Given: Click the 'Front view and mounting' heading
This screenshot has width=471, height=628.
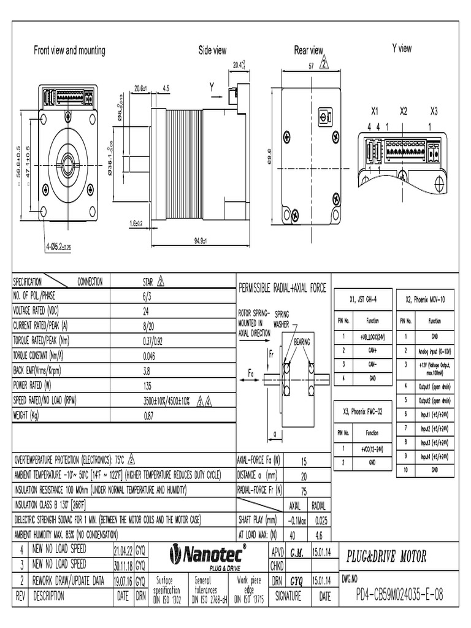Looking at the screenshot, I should (x=69, y=51).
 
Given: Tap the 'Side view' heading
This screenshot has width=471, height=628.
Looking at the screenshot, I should (x=212, y=51).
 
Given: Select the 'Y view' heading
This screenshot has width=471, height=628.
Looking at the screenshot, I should (x=402, y=48).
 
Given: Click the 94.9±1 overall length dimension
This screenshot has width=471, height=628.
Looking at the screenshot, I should (x=198, y=240).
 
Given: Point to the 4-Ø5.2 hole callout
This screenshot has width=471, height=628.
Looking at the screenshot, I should (x=59, y=247).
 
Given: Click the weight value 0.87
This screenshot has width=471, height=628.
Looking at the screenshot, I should (x=148, y=415).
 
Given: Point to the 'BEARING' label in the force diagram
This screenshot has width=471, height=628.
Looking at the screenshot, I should (x=302, y=340).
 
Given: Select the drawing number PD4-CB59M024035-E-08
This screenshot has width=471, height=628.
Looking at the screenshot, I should (x=399, y=595).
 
